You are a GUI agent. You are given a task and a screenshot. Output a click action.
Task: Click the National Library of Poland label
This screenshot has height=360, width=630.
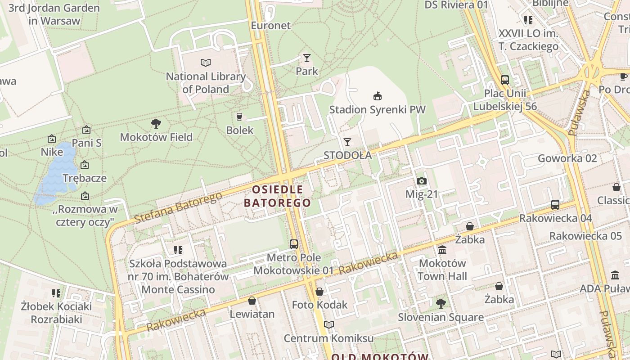[206, 83]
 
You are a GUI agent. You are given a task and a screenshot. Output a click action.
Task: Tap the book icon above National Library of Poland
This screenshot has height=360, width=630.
[206, 63]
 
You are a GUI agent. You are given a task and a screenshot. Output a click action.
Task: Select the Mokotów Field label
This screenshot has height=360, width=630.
[156, 137]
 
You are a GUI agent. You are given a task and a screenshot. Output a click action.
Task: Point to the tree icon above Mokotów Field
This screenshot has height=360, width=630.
[156, 123]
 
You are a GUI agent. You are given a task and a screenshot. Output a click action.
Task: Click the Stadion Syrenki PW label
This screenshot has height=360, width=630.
[377, 109]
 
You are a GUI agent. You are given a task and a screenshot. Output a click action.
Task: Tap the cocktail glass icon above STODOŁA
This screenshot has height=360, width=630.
[347, 142]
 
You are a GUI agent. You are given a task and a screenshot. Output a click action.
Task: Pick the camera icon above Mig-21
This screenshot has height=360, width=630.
[422, 181]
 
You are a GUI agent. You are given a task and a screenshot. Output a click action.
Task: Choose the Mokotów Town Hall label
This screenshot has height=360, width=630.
[442, 270]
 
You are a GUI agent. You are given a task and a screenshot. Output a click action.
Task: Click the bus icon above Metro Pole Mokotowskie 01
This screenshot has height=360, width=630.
[294, 244]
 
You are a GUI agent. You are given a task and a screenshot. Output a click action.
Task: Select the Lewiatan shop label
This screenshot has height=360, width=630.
[252, 314]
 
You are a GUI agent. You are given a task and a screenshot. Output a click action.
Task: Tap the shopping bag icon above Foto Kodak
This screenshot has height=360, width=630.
[319, 292]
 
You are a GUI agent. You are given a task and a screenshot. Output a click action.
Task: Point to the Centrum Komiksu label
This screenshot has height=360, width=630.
[328, 338]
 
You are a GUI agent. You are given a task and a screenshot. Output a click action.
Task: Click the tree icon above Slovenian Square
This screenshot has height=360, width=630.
[441, 304]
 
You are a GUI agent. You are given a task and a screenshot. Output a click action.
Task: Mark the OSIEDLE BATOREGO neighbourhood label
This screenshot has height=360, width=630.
[278, 196]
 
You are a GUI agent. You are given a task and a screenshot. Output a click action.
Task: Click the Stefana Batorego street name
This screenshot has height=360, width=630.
[179, 207]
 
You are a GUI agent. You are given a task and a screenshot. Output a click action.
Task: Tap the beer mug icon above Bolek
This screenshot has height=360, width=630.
[239, 117]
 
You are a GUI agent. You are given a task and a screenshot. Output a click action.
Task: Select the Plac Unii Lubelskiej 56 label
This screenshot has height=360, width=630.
[505, 99]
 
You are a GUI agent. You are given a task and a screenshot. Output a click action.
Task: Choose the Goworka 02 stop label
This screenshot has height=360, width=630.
[567, 158]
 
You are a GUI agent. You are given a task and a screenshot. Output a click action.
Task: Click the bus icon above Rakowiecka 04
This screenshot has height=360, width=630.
[555, 205]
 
